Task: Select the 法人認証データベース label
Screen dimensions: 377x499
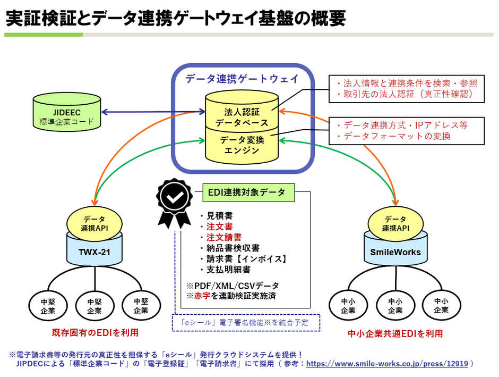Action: click(242, 118)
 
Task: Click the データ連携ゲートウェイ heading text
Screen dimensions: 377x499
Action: click(242, 79)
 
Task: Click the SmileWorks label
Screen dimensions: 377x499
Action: click(396, 252)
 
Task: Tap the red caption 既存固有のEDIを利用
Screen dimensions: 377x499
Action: click(95, 333)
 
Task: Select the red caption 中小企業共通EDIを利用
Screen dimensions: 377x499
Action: click(395, 333)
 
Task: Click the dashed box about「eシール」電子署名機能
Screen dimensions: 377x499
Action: click(246, 322)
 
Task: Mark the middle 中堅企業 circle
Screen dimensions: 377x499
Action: click(94, 306)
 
